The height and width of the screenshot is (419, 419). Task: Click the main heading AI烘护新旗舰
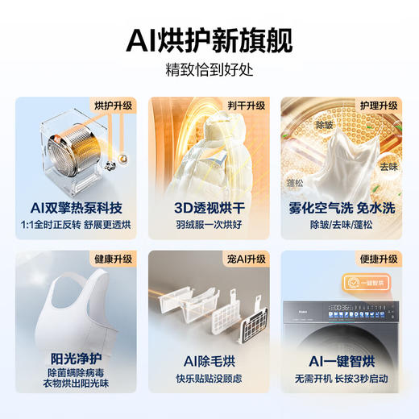tap(209, 38)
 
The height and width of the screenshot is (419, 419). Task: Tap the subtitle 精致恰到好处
tap(209, 68)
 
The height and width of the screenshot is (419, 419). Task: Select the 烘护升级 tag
tap(113, 105)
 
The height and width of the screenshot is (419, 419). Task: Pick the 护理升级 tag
tap(377, 105)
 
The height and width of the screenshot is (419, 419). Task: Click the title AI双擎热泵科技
tap(73, 205)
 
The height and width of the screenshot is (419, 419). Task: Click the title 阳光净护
tap(73, 357)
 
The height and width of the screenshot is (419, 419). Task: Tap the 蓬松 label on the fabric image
tap(296, 184)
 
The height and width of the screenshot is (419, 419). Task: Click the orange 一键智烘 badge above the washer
tap(358, 284)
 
